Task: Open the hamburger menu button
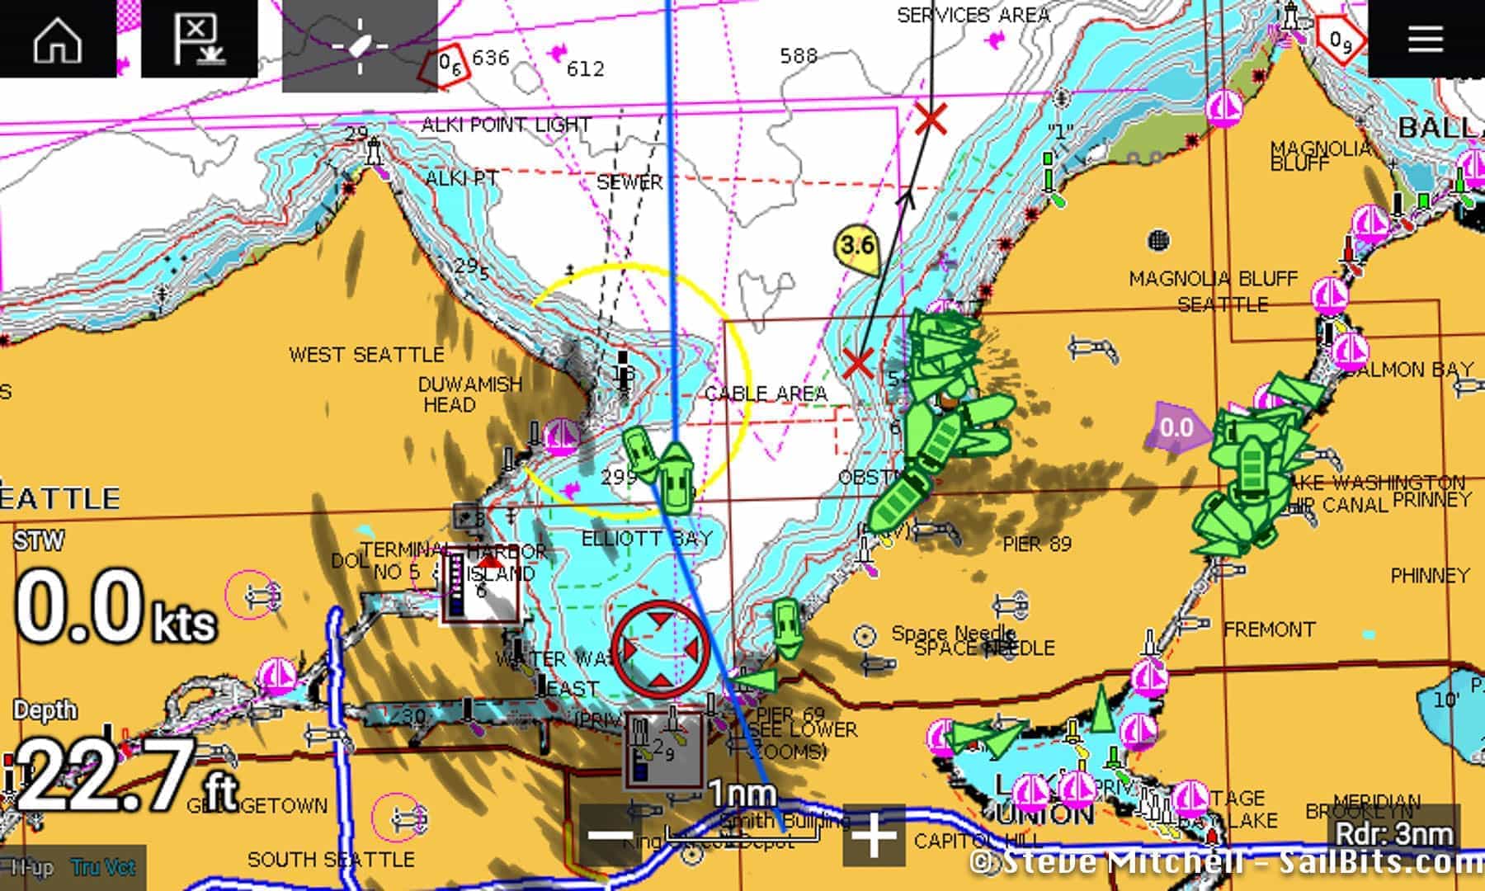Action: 1425,38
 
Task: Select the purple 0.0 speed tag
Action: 1176,427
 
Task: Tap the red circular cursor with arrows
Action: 661,649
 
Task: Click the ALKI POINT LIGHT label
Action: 506,125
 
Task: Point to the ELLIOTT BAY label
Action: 647,539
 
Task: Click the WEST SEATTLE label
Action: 366,355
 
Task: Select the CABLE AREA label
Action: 766,394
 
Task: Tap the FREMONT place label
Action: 1269,630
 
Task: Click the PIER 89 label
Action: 1037,544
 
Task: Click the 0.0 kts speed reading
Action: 115,609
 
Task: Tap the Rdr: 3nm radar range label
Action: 1394,833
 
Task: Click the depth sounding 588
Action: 799,55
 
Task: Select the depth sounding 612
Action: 585,68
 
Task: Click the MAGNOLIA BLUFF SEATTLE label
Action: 1214,291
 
